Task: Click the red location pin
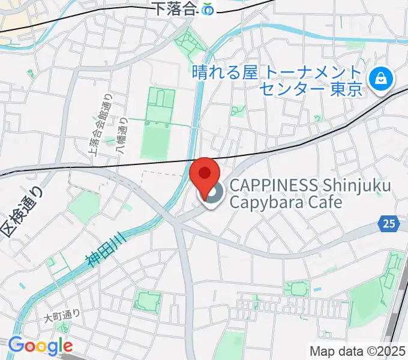pyautogui.click(x=205, y=176)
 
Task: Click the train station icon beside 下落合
pyautogui.click(x=208, y=10)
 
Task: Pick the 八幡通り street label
pyautogui.click(x=122, y=138)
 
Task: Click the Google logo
pyautogui.click(x=40, y=346)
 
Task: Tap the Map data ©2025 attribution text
pyautogui.click(x=358, y=350)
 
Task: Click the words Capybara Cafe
pyautogui.click(x=285, y=202)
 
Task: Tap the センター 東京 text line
pyautogui.click(x=311, y=90)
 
